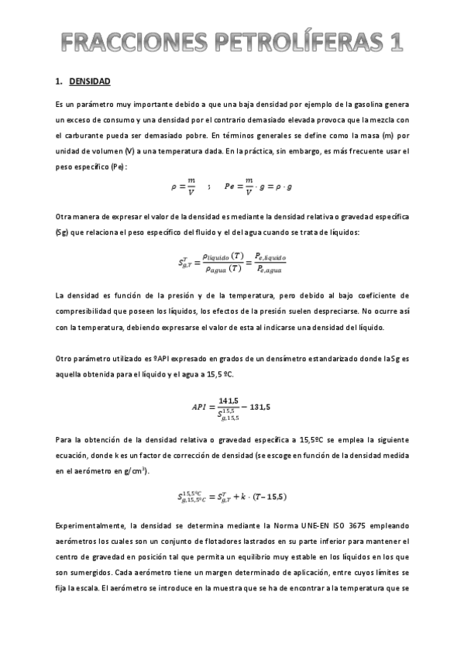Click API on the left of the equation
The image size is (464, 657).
click(x=199, y=407)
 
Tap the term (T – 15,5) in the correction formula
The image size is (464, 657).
click(x=264, y=497)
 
